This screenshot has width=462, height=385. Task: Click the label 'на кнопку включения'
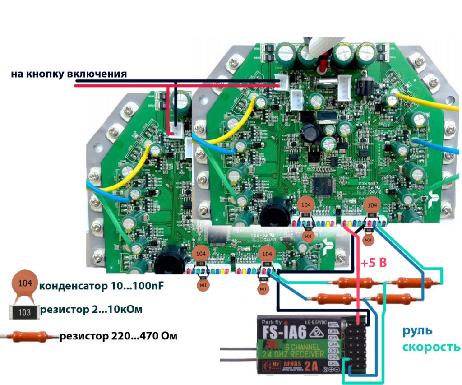(x=69, y=74)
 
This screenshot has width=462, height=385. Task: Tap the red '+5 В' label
(x=374, y=262)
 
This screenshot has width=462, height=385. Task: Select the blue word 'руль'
(x=417, y=330)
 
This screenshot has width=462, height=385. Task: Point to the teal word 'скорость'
(x=430, y=347)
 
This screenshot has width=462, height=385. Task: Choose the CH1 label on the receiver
(x=334, y=363)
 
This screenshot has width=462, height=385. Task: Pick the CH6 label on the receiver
(x=334, y=330)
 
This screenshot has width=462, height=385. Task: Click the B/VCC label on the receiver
(x=333, y=324)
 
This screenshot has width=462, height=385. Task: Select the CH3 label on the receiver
(x=334, y=350)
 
